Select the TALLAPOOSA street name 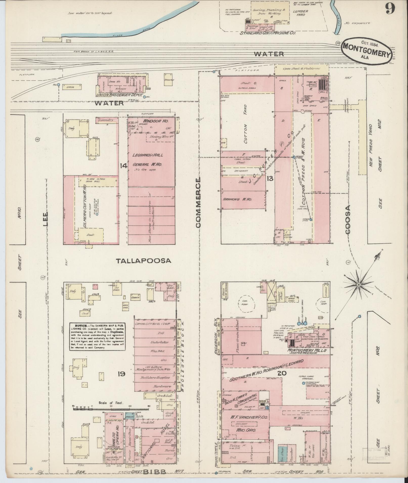click(143, 261)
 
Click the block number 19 click(121, 373)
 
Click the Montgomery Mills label click(307, 351)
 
